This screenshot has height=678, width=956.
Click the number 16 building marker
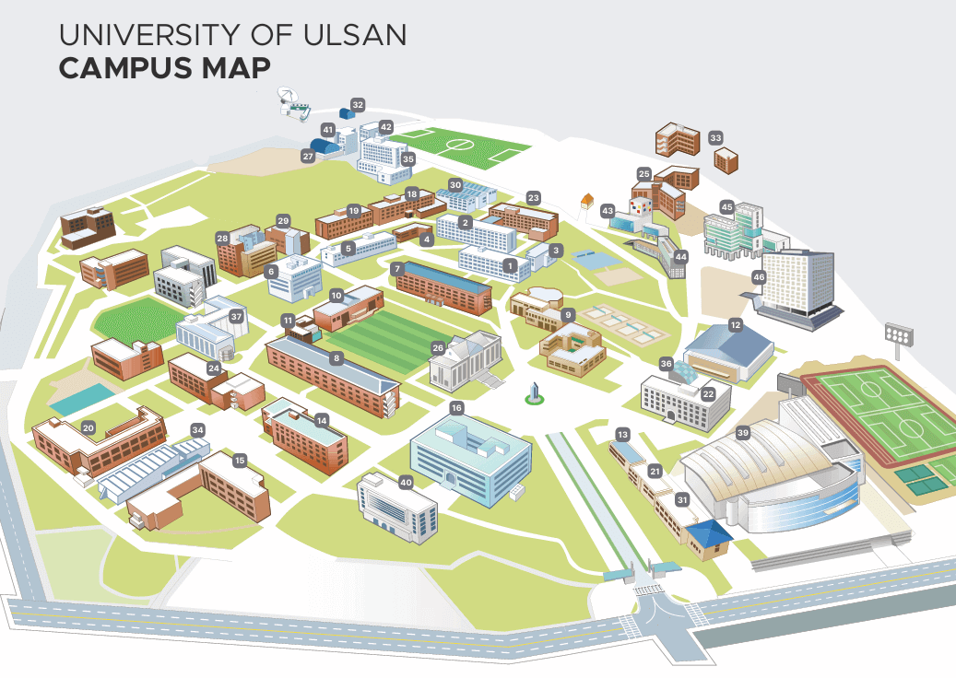(455, 407)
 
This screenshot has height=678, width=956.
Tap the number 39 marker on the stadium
(743, 432)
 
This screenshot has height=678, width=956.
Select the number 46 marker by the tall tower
(759, 276)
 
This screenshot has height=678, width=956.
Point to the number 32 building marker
(358, 104)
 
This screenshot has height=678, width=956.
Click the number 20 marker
(89, 427)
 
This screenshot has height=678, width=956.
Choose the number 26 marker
(438, 347)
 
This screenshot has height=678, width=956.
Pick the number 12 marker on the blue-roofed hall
(735, 324)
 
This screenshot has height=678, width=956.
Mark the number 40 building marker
(406, 482)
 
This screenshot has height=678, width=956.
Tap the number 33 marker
(715, 138)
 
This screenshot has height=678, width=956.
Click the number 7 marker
(396, 268)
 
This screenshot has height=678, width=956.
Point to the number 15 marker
(240, 460)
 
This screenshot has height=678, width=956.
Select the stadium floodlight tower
(899, 335)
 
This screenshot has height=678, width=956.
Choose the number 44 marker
(680, 256)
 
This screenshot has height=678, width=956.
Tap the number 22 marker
(708, 393)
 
